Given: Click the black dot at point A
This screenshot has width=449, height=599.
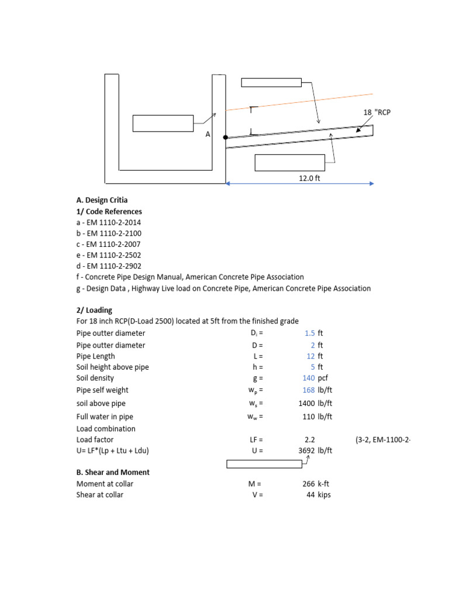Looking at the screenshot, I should tap(226, 137).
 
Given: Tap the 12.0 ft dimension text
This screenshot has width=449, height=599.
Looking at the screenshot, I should tap(309, 178).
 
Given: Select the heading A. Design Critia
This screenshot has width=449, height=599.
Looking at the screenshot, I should tap(102, 200).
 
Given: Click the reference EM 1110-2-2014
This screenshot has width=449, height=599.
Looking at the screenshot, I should tap(108, 222).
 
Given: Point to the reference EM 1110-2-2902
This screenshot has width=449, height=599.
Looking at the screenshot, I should tap(108, 266).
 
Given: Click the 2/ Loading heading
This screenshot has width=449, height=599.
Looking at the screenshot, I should tap(94, 310).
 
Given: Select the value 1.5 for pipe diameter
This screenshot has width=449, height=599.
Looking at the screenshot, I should tap(309, 333).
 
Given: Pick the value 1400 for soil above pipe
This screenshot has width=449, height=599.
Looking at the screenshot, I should tap(306, 404).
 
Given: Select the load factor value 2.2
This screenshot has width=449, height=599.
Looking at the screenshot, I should tap(310, 439).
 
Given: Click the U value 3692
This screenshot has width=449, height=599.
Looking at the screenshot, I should tap(306, 451).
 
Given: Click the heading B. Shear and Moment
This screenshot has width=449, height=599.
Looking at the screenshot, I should tap(113, 472).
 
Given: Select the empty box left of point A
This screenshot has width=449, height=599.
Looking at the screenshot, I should tap(163, 123).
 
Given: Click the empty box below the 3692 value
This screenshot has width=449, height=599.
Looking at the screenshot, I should tap(264, 464).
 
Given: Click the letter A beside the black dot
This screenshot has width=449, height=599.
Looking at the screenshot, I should tap(207, 135).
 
